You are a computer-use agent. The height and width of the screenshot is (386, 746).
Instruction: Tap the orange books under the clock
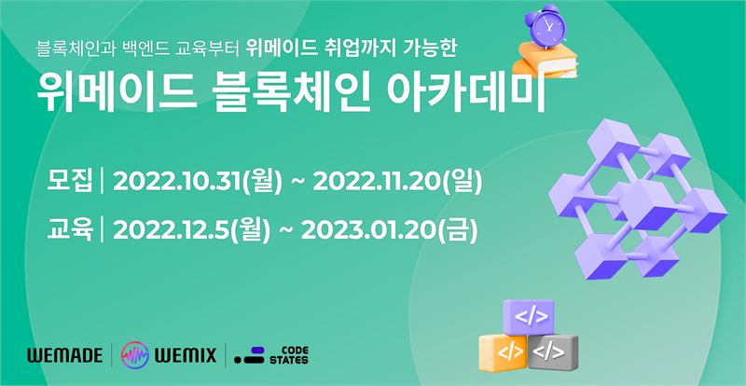coord(546,60)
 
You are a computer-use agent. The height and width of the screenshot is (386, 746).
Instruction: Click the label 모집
coord(69,182)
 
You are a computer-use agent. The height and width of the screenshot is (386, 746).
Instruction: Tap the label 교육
coord(69,230)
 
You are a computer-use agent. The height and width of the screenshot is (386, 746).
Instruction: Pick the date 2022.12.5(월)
coord(192,231)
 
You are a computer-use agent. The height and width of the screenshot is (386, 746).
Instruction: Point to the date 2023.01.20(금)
coord(389,231)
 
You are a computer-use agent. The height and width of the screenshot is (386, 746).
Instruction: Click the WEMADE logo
coord(64,355)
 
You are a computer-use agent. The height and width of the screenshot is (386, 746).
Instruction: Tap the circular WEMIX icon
coord(135,355)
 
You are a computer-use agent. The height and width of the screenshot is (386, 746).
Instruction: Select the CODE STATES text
coord(289,355)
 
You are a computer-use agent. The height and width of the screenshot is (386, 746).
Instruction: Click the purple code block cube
coord(528,317)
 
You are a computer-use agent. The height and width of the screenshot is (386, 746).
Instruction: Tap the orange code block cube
coord(503,352)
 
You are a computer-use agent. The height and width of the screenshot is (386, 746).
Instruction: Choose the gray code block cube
coord(553,352)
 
